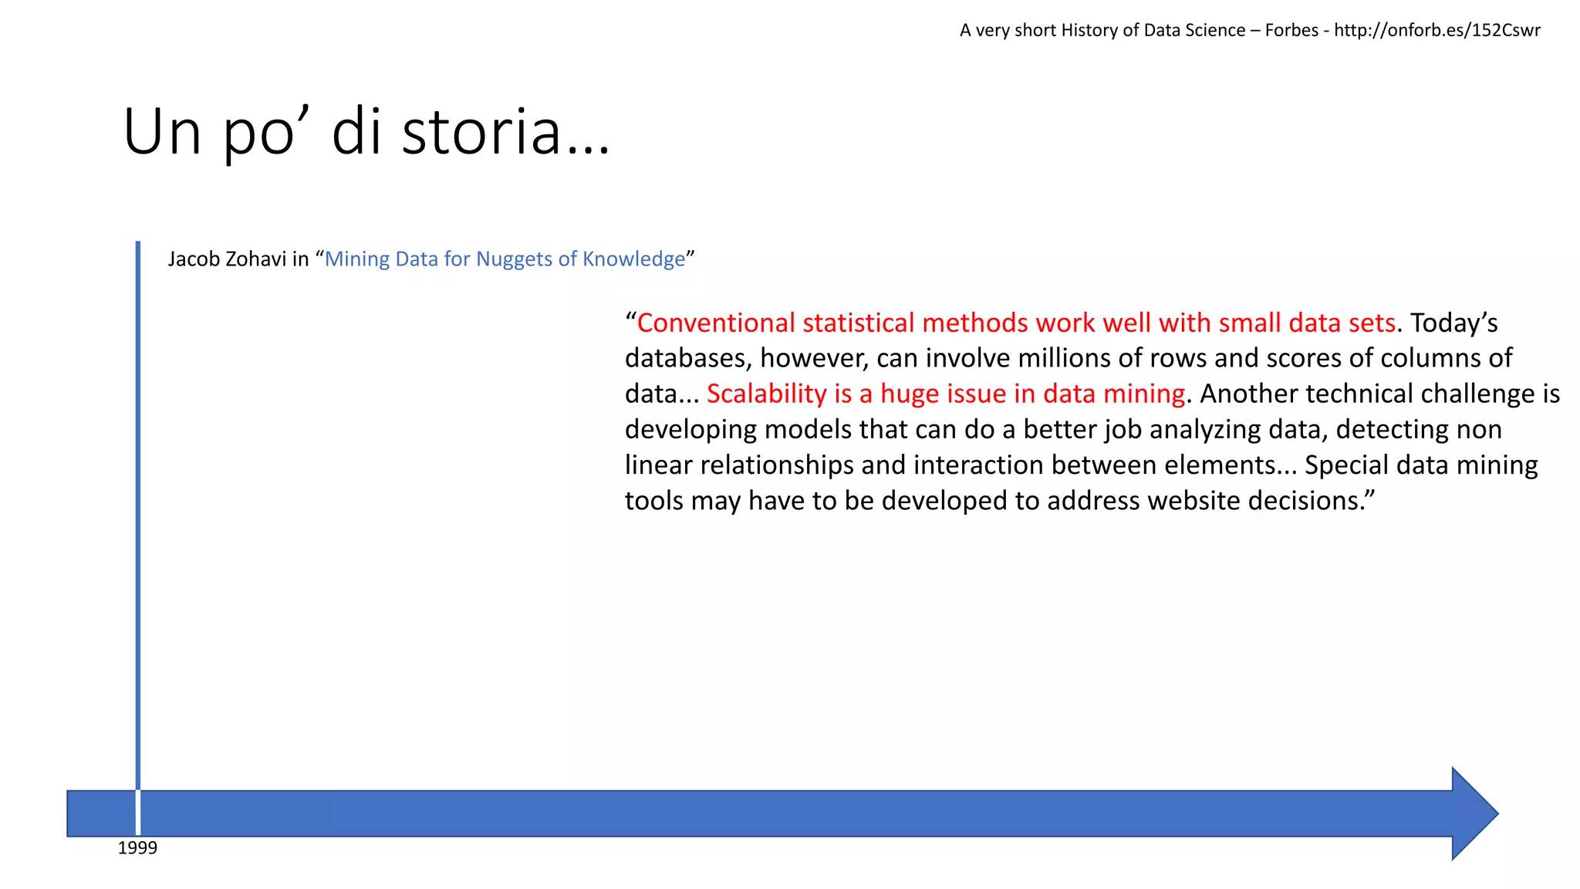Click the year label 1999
(x=137, y=848)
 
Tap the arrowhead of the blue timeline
(x=1474, y=813)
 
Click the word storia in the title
(x=481, y=132)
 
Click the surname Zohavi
(x=256, y=259)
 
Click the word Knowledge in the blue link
(x=633, y=259)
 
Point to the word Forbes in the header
(x=1291, y=30)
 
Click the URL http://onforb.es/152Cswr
(x=1437, y=30)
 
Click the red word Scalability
(x=767, y=394)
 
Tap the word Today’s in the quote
(x=1453, y=323)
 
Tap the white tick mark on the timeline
(x=138, y=813)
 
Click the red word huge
(x=912, y=394)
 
